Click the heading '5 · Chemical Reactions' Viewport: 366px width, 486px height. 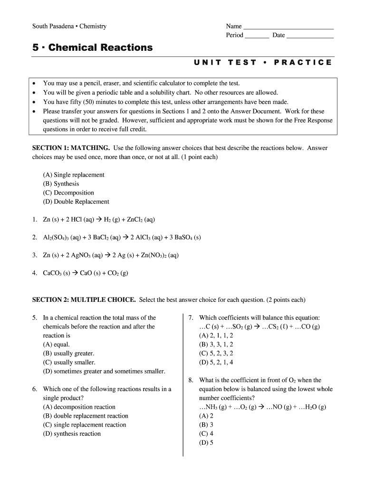coord(92,47)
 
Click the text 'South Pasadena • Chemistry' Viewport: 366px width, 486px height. coord(69,26)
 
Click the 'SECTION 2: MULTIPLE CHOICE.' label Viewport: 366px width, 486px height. coord(84,299)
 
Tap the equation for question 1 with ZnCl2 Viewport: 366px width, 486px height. coord(99,220)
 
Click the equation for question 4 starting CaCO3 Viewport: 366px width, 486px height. coord(86,273)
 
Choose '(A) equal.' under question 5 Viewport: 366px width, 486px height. coord(57,345)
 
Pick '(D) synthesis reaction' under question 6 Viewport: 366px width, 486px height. coord(72,433)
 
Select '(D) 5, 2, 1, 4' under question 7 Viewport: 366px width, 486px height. coord(216,363)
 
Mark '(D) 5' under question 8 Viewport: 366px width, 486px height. coord(206,443)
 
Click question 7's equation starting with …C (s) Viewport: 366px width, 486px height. coord(260,327)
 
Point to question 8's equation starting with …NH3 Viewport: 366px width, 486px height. coord(262,407)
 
